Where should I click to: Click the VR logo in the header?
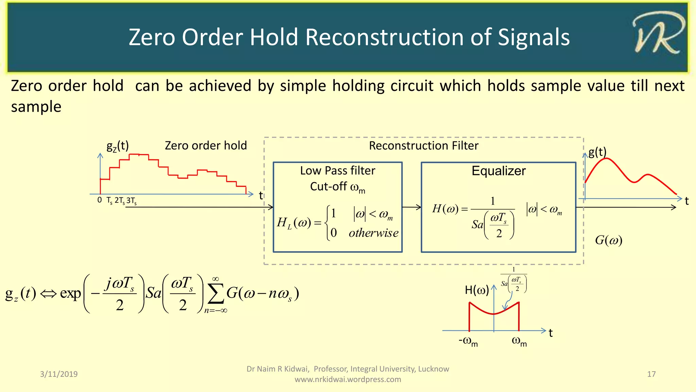(658, 34)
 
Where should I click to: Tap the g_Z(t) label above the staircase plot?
(118, 146)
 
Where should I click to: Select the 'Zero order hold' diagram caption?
(206, 146)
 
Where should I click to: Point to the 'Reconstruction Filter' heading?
(423, 146)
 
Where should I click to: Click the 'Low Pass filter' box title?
(337, 170)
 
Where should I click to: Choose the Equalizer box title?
(498, 171)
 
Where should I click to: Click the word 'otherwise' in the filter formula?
(373, 233)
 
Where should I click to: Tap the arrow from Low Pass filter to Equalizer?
(412, 207)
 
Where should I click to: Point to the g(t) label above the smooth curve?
(597, 152)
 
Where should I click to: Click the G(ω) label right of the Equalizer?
(608, 240)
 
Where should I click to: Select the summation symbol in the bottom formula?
(215, 294)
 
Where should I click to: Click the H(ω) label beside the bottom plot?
(476, 290)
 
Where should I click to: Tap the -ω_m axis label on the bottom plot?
(468, 341)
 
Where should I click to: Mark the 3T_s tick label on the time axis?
(132, 201)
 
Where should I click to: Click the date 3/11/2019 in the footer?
(59, 374)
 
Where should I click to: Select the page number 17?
(651, 374)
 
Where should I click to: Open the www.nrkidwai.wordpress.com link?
(348, 379)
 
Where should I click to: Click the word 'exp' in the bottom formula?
(70, 293)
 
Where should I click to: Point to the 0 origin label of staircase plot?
(100, 200)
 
